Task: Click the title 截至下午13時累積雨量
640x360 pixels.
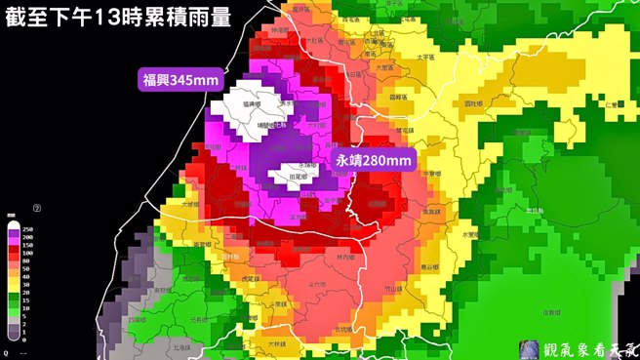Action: coord(119,18)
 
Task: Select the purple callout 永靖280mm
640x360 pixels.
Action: coord(373,159)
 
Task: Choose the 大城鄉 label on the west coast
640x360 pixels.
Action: coord(191,206)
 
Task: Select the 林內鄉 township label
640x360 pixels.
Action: coord(340,257)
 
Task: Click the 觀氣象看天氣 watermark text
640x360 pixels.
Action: coord(590,346)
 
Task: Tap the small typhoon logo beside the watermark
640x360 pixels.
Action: coord(530,347)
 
